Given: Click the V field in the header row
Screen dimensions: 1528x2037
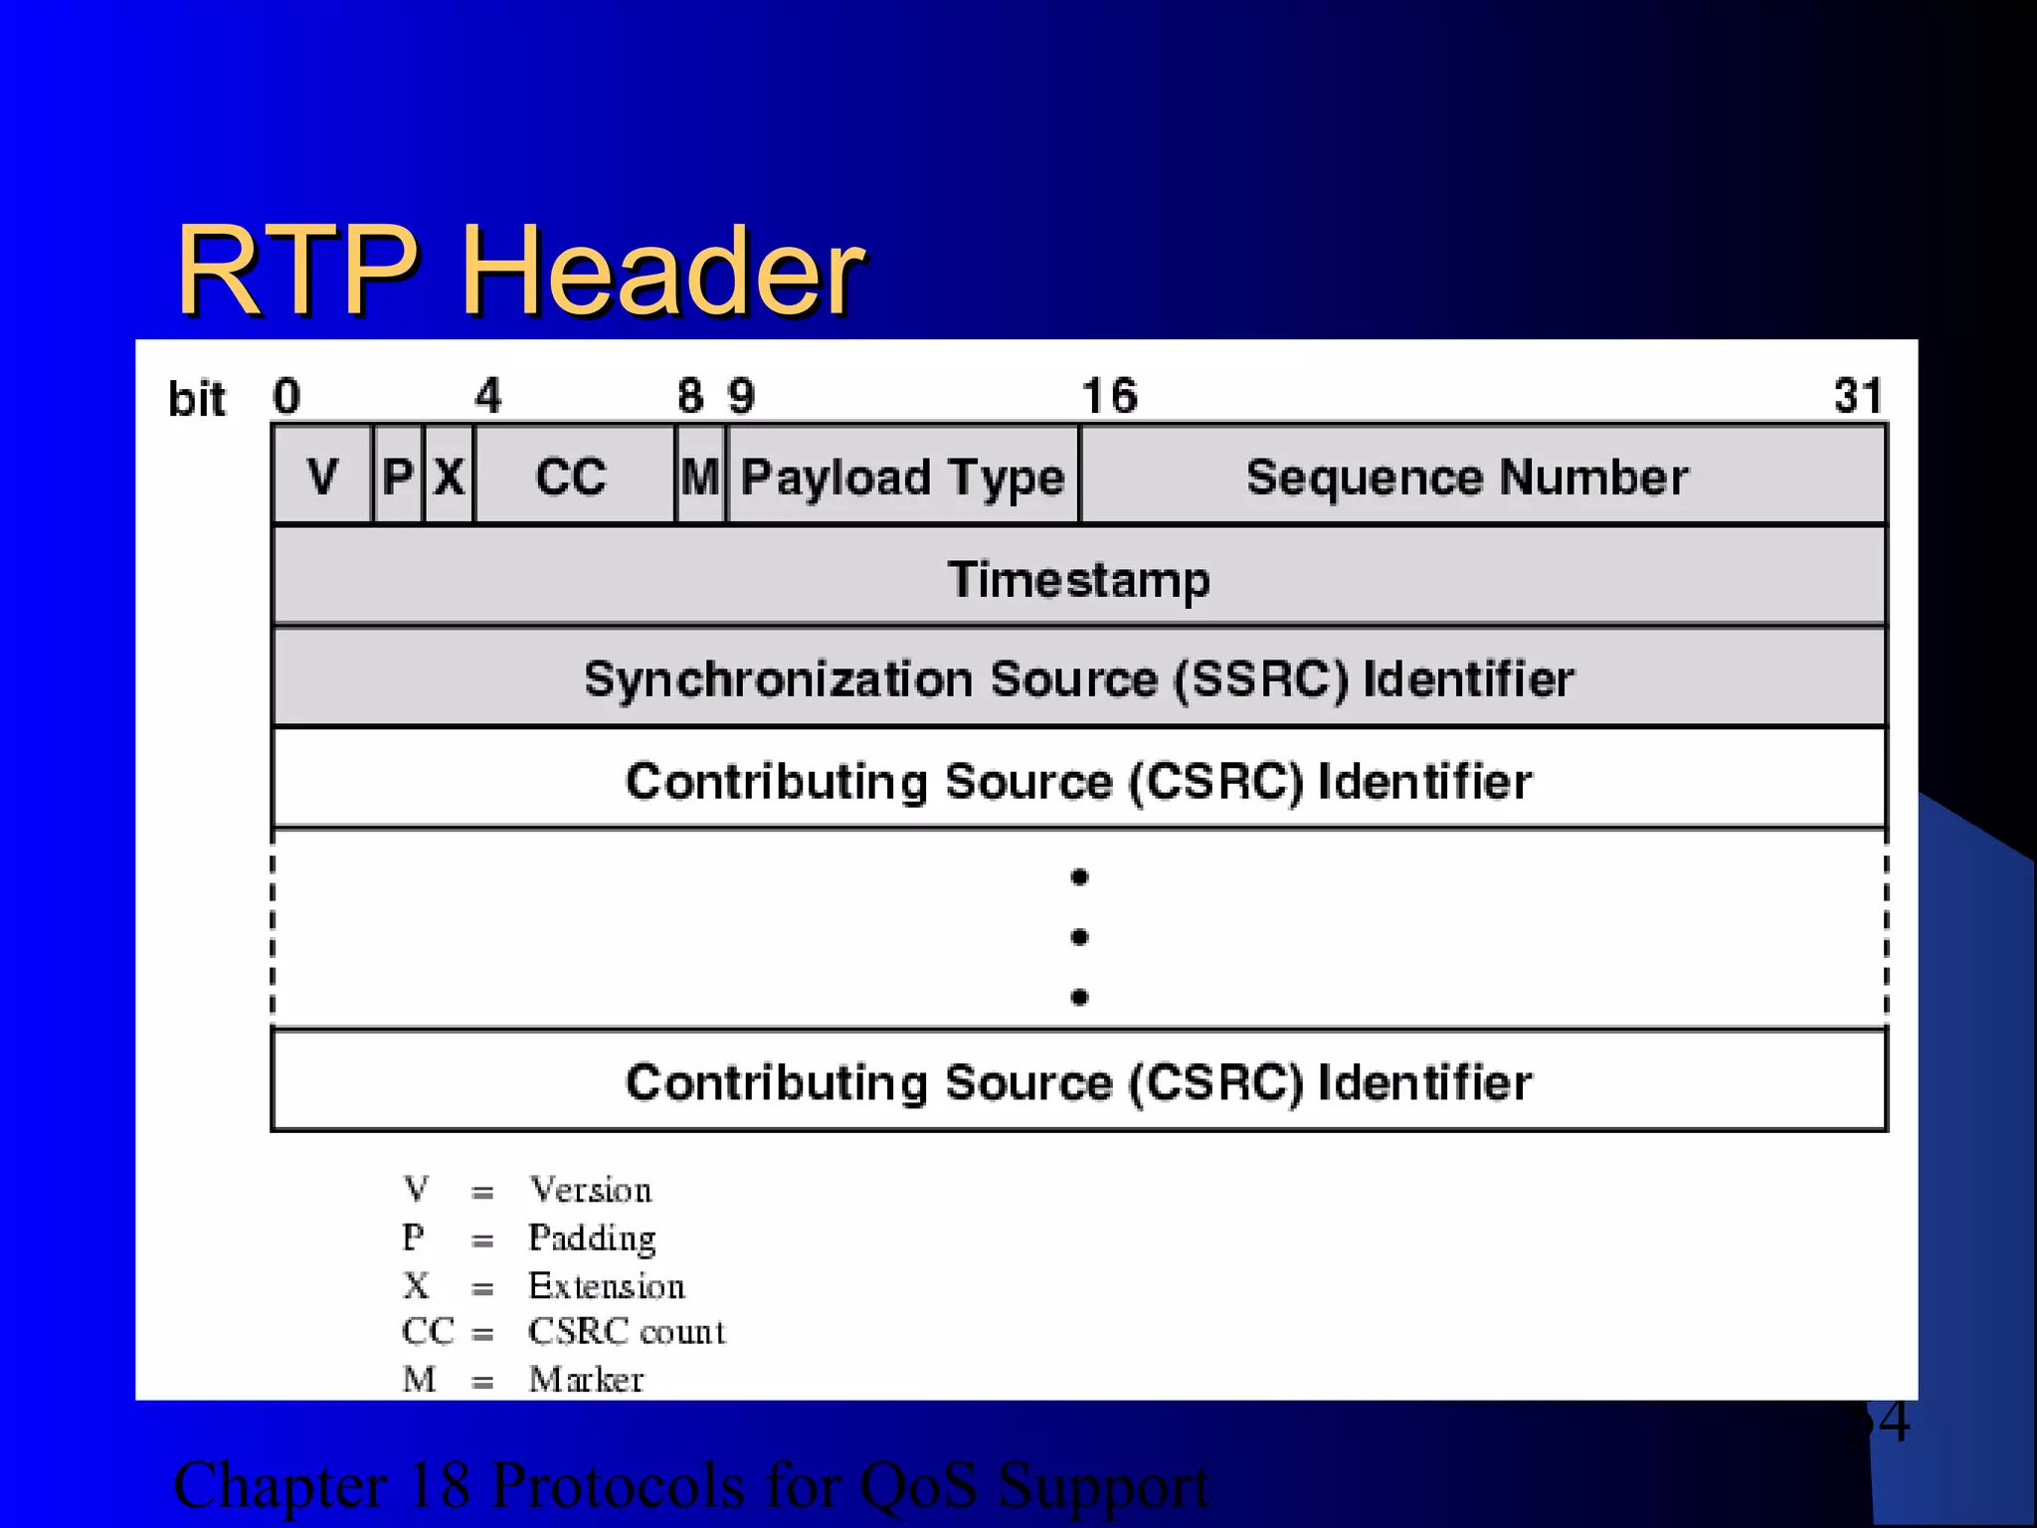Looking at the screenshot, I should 322,476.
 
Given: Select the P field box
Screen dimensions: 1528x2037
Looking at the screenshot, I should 398,476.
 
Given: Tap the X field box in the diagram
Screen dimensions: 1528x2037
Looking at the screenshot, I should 449,476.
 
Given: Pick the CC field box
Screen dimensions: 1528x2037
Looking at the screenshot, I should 572,476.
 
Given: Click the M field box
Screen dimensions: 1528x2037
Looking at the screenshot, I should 700,476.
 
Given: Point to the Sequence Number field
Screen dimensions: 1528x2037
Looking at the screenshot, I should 1467,477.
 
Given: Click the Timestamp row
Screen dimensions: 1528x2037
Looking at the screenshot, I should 1078,578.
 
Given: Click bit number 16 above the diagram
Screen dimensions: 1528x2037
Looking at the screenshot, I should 1109,396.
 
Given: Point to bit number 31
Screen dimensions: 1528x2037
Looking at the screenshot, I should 1858,396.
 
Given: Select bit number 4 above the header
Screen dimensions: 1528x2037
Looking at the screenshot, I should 488,396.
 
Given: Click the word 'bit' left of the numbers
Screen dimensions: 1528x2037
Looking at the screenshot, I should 197,399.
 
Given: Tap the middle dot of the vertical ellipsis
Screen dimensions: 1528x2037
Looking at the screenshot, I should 1079,937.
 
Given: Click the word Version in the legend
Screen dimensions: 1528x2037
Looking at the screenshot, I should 591,1190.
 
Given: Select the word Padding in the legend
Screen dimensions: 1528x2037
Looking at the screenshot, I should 593,1239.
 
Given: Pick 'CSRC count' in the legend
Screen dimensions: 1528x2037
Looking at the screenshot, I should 627,1331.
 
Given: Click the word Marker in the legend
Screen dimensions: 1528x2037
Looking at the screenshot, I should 587,1380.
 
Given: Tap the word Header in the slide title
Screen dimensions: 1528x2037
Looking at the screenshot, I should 663,271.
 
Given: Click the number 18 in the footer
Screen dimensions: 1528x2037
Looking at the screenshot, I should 439,1485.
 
